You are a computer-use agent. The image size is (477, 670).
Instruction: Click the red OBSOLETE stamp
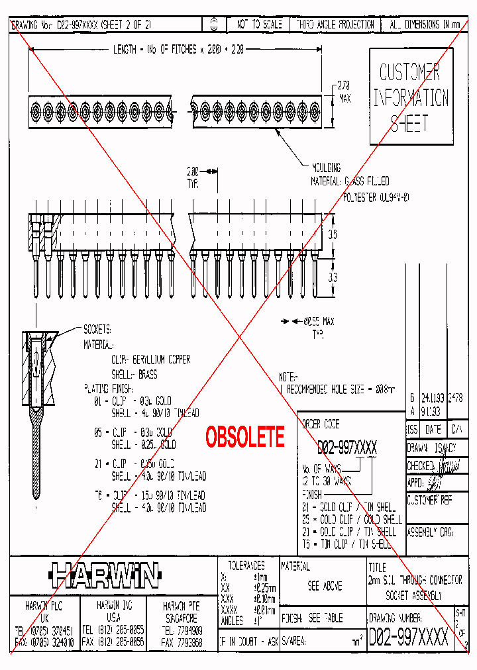(245, 437)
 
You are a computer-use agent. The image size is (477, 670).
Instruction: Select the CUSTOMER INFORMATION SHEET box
(411, 96)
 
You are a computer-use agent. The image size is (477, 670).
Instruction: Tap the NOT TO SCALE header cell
(259, 24)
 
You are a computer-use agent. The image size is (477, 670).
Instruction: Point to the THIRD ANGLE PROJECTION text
(335, 24)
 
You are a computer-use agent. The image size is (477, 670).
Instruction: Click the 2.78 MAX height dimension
(343, 91)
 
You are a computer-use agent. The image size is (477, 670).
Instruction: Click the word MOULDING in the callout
(327, 167)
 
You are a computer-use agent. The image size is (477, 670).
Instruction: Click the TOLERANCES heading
(246, 566)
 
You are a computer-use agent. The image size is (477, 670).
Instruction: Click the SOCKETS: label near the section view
(97, 329)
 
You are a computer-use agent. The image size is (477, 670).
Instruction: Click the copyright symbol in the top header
(213, 24)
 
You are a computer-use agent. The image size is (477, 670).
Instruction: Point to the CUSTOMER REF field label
(429, 501)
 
